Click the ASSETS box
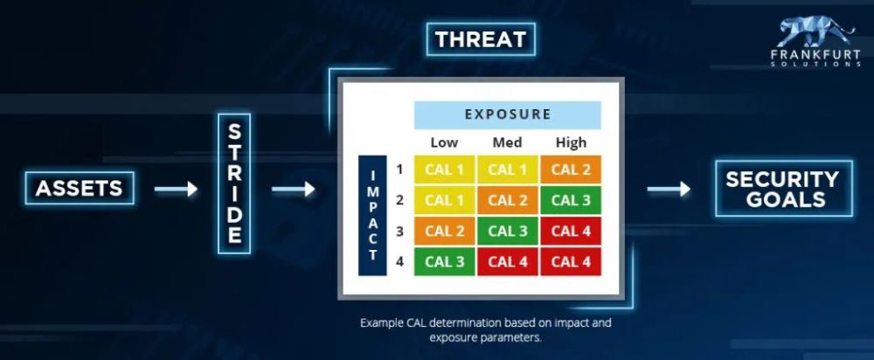[80, 189]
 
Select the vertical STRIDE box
[234, 183]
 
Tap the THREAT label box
[481, 39]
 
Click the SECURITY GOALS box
[783, 189]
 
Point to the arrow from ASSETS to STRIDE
[177, 189]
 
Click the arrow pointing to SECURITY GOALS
[669, 189]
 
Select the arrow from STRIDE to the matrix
[293, 189]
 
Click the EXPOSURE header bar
[507, 114]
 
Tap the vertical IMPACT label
[372, 215]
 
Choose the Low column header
[444, 142]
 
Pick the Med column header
[507, 142]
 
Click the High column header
[571, 142]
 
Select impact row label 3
[399, 231]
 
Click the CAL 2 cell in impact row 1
[571, 170]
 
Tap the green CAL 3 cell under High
[571, 200]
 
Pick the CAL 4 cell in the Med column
[507, 261]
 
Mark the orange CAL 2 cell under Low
[444, 231]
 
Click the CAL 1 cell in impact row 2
[444, 200]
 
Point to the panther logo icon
[815, 32]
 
